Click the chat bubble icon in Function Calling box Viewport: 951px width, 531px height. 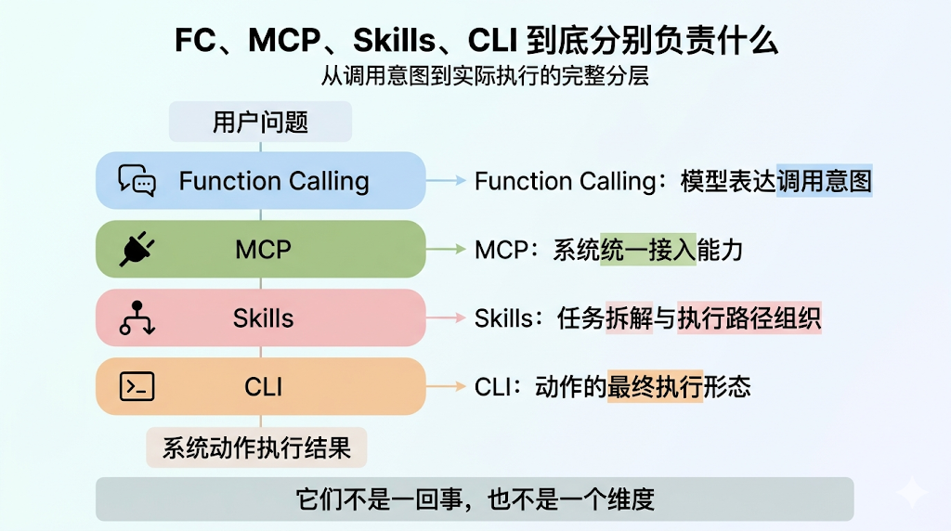click(137, 180)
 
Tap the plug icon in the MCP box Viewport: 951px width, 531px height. click(137, 249)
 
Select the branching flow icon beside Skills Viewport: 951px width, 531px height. click(137, 317)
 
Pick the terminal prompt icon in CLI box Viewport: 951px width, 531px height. click(137, 386)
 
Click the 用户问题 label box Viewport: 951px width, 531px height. click(260, 122)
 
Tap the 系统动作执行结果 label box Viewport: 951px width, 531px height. click(256, 448)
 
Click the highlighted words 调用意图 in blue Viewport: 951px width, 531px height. click(825, 181)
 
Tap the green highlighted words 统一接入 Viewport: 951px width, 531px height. click(648, 250)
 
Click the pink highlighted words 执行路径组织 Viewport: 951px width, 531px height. click(749, 318)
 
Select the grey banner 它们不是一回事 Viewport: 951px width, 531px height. click(475, 499)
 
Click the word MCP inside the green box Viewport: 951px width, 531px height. click(263, 249)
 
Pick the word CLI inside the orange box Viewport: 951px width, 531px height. click(263, 386)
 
